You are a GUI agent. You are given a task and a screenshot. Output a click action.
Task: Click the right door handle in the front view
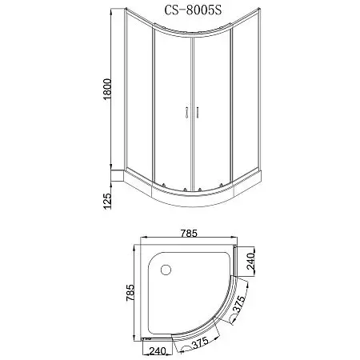coord(194,114)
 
